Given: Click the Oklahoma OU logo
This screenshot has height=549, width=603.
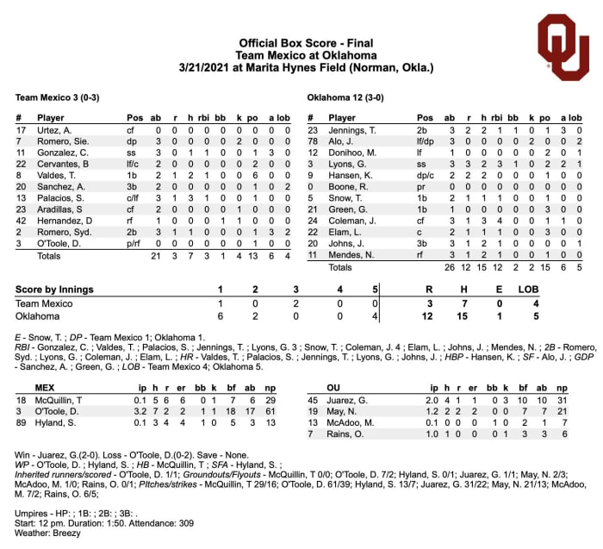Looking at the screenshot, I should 563,48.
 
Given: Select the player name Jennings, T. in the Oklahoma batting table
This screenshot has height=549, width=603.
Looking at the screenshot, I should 351,129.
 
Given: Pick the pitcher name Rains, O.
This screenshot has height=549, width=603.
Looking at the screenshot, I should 345,434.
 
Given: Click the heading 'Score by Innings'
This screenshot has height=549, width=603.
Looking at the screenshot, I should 55,289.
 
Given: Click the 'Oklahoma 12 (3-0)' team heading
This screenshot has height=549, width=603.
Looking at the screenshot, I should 345,97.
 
